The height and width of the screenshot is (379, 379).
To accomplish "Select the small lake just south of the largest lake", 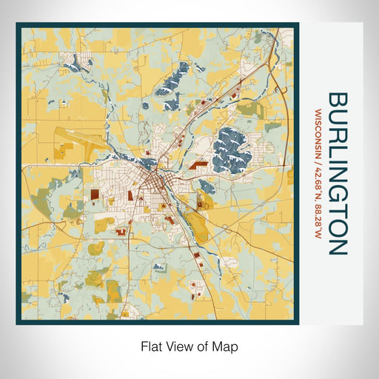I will pos(207,185).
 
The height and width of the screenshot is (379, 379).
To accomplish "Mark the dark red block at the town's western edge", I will pos(96,195).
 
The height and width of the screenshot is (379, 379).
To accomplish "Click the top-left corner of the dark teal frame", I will pos(18,24).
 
